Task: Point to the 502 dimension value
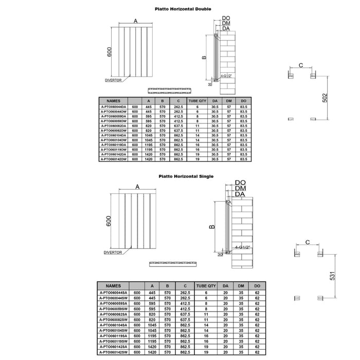coord(325,98)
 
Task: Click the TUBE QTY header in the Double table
coord(197,101)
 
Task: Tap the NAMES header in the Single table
coord(114,285)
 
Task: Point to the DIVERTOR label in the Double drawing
coord(113,80)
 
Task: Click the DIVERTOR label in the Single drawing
coord(112,253)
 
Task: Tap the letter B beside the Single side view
coord(211,226)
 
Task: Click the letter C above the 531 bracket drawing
coord(308,242)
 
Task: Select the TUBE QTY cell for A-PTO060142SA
coord(206,347)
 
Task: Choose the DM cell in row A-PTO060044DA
coord(229,107)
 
